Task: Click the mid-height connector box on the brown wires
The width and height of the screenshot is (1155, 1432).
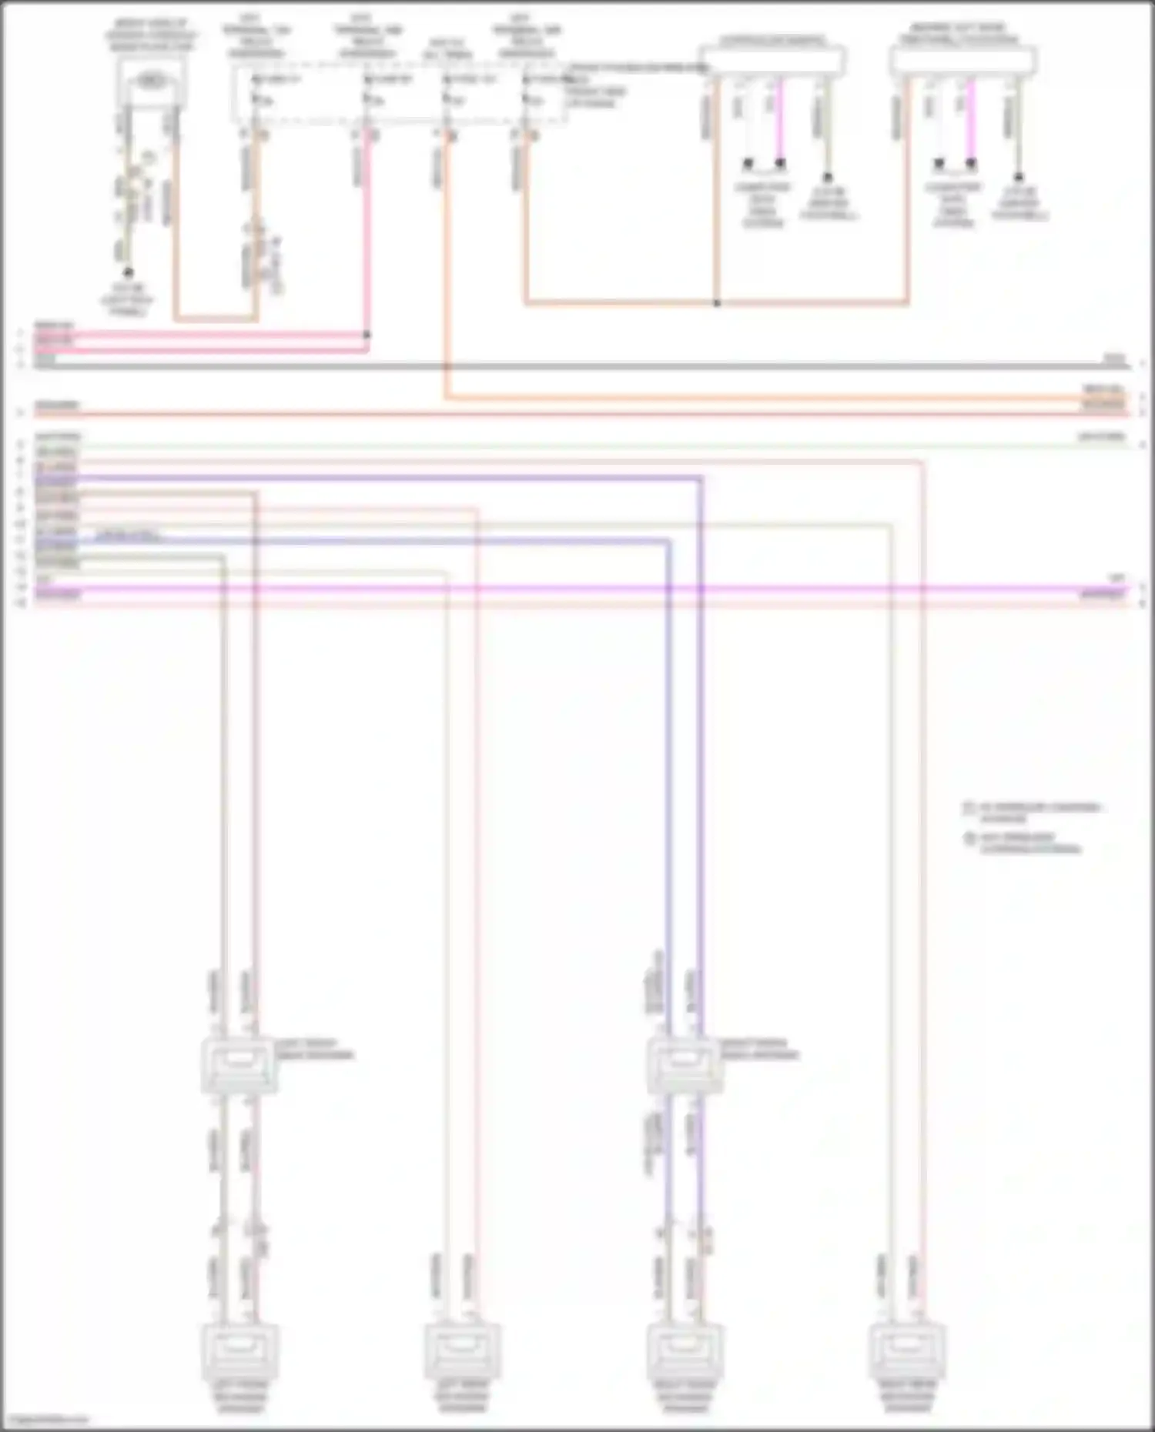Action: tap(239, 1066)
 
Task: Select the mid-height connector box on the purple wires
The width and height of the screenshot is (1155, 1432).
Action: tap(685, 1066)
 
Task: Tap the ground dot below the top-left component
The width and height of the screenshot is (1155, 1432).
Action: tap(129, 272)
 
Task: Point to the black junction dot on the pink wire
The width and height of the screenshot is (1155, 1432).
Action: tap(367, 335)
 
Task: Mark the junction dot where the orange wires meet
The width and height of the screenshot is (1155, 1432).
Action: tap(717, 303)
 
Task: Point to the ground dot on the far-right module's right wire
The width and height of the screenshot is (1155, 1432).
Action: tap(1018, 177)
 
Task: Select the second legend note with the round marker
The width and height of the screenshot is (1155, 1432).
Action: tap(1028, 843)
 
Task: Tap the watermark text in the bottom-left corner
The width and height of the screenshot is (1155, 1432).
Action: tap(46, 1420)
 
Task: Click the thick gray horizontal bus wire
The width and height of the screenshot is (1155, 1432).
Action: tap(577, 366)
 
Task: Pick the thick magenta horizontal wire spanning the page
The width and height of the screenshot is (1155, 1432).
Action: tap(577, 589)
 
